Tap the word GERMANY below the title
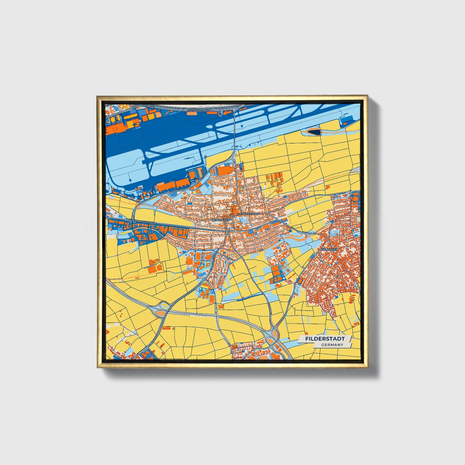tap(332, 345)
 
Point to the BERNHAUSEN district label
tap(221, 220)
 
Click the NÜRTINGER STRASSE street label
tap(248, 214)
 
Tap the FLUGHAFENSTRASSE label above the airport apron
tap(198, 111)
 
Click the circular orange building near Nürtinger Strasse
tap(234, 210)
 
